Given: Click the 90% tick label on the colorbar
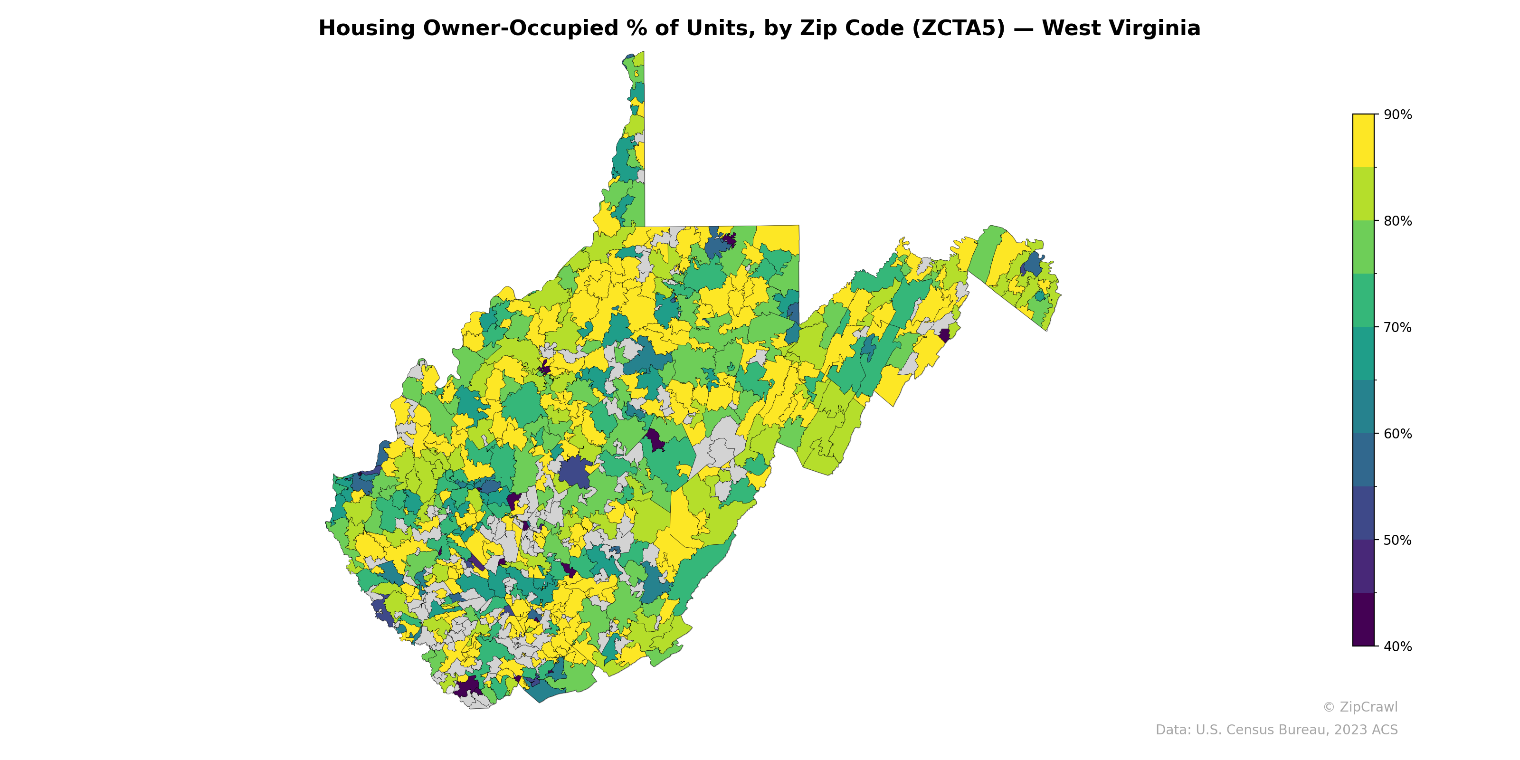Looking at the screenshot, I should click(x=1397, y=114).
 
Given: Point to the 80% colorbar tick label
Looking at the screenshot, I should click(x=1397, y=221).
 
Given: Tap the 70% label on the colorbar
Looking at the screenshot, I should click(x=1397, y=327).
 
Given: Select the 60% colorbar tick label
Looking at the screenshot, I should click(x=1397, y=434).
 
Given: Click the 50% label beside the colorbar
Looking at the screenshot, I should click(x=1397, y=541).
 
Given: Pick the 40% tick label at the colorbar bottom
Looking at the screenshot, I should click(x=1397, y=646).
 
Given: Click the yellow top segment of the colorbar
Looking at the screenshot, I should click(x=1363, y=141).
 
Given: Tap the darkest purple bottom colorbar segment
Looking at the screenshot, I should click(x=1363, y=619).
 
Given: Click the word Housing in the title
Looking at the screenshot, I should click(x=366, y=28).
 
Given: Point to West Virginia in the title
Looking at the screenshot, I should click(x=1121, y=28).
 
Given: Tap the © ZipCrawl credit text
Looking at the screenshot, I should click(x=1359, y=707).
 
